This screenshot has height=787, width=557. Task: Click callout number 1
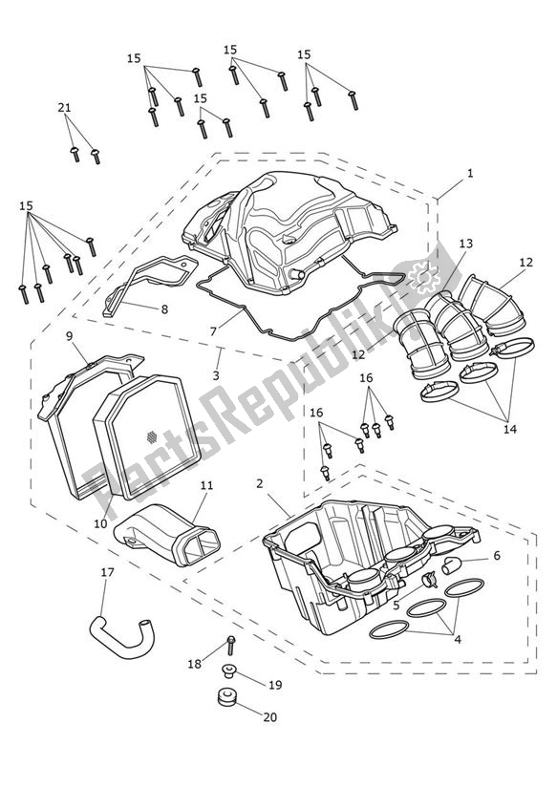pyautogui.click(x=470, y=174)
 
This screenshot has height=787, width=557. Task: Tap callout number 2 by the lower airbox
pyautogui.click(x=260, y=484)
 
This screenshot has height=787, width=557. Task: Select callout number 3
pyautogui.click(x=216, y=377)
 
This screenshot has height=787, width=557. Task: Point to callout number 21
pyautogui.click(x=64, y=108)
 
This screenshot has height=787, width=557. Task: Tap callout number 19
pyautogui.click(x=274, y=684)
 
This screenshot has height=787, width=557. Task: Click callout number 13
pyautogui.click(x=465, y=245)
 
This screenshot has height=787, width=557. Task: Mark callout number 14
pyautogui.click(x=509, y=429)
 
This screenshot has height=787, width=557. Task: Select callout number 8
pyautogui.click(x=163, y=309)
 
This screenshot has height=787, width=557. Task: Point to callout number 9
pyautogui.click(x=70, y=335)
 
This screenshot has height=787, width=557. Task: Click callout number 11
pyautogui.click(x=205, y=486)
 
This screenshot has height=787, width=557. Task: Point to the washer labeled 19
pyautogui.click(x=229, y=670)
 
